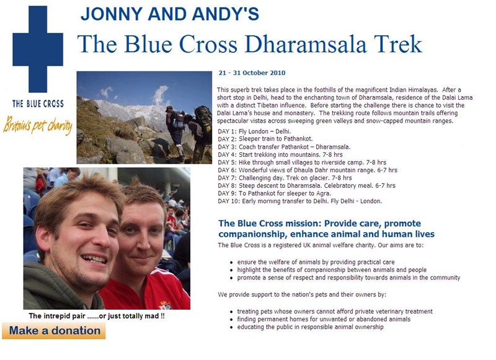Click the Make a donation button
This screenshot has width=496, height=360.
[x=54, y=331]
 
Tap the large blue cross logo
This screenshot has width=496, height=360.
[x=38, y=49]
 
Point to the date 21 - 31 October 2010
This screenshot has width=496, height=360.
[x=252, y=73]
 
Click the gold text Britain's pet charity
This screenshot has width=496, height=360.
[x=38, y=124]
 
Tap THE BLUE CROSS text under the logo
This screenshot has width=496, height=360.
[x=38, y=103]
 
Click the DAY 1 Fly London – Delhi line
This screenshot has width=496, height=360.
[x=254, y=131]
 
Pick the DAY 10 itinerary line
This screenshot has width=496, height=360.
[x=300, y=201]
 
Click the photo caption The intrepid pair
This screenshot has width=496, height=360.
[x=97, y=316]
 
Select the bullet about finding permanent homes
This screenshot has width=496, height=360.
[x=324, y=319]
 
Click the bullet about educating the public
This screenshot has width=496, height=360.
[x=311, y=327]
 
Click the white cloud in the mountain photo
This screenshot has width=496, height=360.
[x=160, y=94]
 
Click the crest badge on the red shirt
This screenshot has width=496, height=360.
[x=166, y=305]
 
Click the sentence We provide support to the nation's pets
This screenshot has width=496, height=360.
[x=302, y=294]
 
